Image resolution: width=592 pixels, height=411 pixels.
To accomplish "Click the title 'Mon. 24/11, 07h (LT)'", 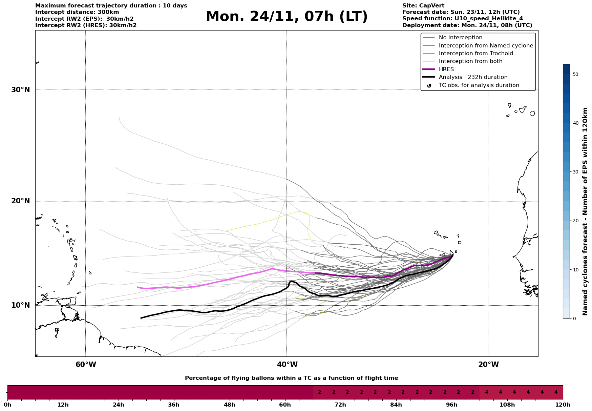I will click(287, 17).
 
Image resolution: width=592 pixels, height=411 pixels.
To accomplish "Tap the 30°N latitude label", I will click(21, 90).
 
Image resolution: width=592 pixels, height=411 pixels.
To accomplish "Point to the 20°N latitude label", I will click(21, 201).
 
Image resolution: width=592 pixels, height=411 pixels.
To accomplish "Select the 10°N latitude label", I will click(21, 305).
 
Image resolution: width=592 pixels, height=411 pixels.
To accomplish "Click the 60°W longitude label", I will click(86, 365).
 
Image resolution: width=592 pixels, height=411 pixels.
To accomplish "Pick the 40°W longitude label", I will click(287, 365).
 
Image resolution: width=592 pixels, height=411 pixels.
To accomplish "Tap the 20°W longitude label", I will click(488, 365).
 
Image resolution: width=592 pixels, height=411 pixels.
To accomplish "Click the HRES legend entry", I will click(446, 69).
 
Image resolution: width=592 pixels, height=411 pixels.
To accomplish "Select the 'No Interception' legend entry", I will click(460, 38).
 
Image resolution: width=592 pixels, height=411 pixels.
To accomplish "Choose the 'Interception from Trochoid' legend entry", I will click(475, 54).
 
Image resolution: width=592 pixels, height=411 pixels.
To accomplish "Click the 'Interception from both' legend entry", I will click(470, 61).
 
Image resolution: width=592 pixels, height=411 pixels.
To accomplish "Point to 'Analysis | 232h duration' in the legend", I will click(473, 77).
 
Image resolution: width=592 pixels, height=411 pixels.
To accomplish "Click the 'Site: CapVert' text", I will click(423, 6).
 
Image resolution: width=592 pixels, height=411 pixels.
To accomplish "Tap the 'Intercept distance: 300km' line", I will click(77, 12).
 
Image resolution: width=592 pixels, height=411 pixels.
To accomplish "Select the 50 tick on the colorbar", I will click(575, 74).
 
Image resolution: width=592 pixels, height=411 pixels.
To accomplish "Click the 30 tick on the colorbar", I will click(575, 172).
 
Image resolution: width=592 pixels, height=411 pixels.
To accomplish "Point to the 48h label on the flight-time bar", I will click(229, 405).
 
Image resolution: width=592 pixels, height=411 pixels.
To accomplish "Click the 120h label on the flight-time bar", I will click(563, 405).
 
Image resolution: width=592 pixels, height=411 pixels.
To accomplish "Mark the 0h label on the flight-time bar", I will click(7, 405).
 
